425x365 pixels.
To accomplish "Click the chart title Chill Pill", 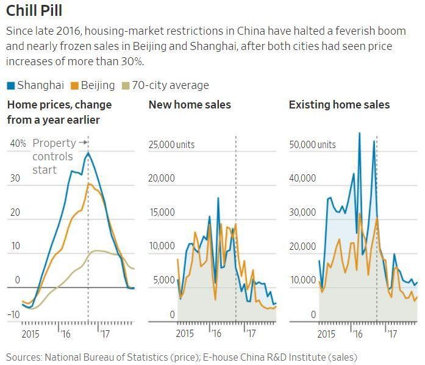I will tap(34, 10).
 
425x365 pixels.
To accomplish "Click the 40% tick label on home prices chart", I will tap(18, 144).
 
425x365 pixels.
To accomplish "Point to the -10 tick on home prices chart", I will tap(13, 314).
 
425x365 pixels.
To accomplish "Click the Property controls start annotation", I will tap(54, 157).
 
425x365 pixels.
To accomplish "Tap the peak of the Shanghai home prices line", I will tap(88, 152).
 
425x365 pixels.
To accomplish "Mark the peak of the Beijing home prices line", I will tap(88, 183).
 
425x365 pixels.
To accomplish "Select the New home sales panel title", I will tap(190, 105).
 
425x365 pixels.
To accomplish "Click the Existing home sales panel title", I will tap(339, 105).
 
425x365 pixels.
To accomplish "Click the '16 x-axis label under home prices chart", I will tap(65, 334).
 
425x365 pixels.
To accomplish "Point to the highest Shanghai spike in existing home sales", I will tap(359, 133).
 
